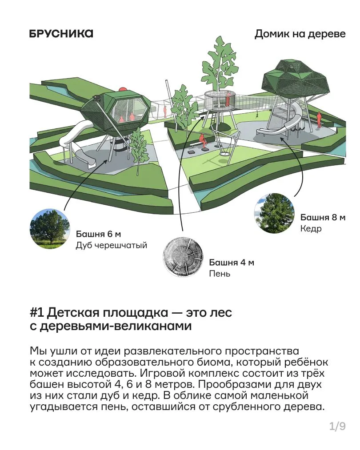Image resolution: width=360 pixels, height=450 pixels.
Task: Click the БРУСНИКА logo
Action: coord(61,34)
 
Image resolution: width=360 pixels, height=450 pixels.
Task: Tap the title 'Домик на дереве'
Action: coord(300,34)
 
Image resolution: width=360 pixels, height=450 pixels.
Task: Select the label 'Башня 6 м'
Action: coord(98,234)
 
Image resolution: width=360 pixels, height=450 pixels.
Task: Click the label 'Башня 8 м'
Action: coord(323,218)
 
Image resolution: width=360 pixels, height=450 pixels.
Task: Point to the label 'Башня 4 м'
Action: coord(232,263)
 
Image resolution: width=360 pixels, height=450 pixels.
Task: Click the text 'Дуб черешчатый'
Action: coord(112,246)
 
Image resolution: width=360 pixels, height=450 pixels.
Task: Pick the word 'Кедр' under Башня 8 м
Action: coord(311,229)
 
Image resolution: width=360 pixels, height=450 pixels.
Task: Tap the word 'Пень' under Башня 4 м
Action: coord(220,274)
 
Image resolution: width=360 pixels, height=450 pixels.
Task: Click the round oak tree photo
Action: coord(50,229)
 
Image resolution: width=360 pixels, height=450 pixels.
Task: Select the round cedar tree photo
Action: coord(275,213)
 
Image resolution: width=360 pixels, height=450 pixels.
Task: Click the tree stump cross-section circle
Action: coord(183,258)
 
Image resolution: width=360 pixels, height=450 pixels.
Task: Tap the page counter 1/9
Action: coord(337,426)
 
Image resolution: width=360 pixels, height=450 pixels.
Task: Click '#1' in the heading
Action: coord(36,313)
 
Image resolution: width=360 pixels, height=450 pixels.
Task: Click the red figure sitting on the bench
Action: coord(203,141)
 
